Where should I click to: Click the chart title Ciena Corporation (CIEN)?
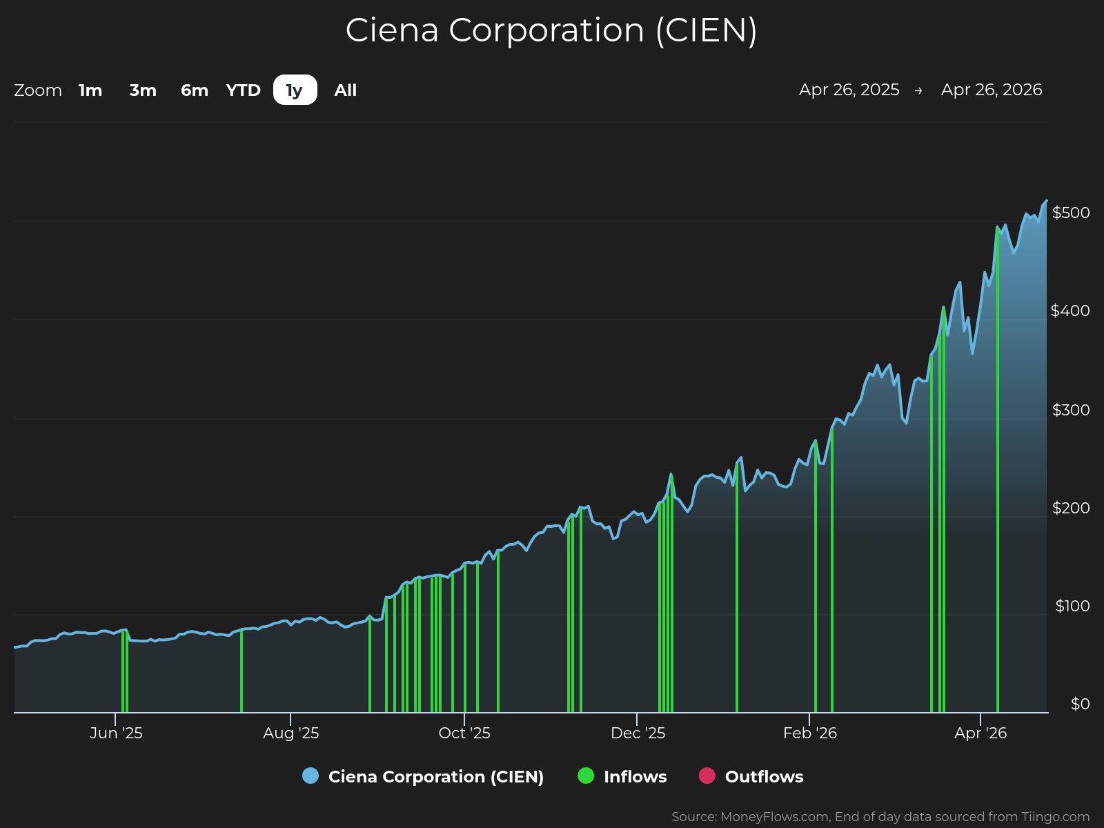[551, 30]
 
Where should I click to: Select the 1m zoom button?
[90, 90]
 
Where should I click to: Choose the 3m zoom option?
[143, 90]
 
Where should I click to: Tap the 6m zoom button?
[195, 90]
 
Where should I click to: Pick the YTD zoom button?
[244, 90]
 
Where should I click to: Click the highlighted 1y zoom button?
[295, 90]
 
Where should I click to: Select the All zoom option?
[346, 90]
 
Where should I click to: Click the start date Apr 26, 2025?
[849, 90]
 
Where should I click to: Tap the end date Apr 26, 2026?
[992, 90]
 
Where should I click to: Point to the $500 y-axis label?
[1071, 213]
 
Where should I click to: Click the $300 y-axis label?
[1071, 410]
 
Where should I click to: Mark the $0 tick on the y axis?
[1080, 704]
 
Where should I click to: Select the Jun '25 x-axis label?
[116, 733]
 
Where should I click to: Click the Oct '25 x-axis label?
[464, 733]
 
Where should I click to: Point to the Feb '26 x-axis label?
[810, 733]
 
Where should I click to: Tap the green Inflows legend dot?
[586, 776]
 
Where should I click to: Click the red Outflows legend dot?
[707, 776]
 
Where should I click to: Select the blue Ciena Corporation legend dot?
[310, 776]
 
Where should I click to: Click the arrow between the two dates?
[918, 90]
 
